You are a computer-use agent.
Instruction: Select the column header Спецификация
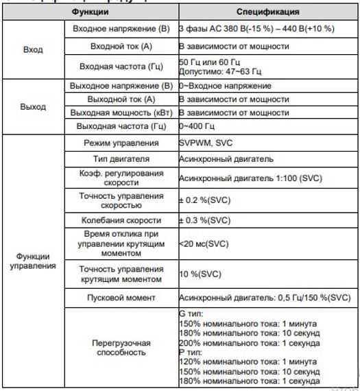pos(267,12)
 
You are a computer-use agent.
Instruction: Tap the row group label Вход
pos(32,50)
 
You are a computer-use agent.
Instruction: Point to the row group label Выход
pos(32,107)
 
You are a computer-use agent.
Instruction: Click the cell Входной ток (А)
pos(121,47)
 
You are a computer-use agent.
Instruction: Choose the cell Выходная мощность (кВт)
pos(121,112)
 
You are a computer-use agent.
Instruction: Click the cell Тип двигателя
pos(121,158)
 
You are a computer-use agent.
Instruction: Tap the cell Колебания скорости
pos(121,220)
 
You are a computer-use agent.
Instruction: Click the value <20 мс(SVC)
pos(204,243)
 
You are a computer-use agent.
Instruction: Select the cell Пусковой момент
pos(121,298)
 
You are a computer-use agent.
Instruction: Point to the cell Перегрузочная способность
pos(121,347)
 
